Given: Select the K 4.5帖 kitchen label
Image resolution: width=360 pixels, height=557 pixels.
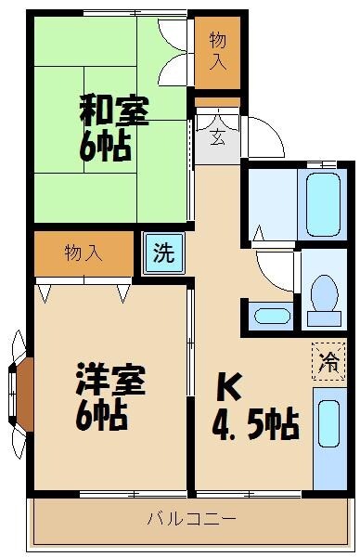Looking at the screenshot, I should point(256,408).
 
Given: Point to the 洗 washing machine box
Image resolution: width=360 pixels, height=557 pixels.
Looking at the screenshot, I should point(163,253).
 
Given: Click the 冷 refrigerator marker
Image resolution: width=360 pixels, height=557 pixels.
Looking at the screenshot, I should point(328,362).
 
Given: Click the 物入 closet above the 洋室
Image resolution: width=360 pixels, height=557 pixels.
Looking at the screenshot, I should point(84,253).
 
